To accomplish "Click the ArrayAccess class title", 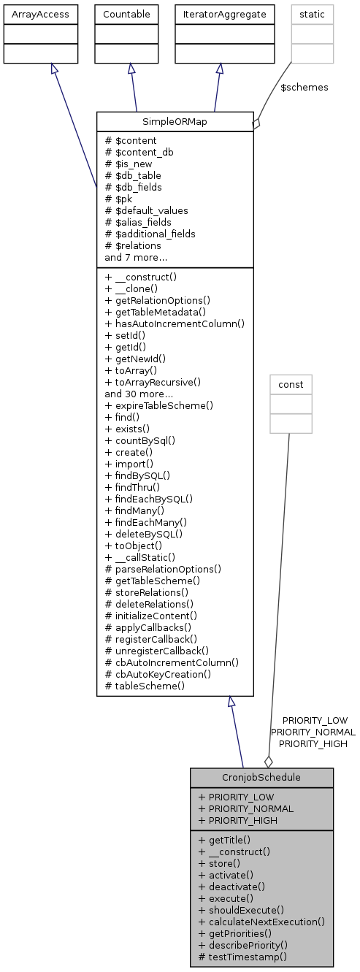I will (x=40, y=14).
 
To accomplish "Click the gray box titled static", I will (x=313, y=14).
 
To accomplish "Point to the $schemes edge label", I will (x=304, y=87).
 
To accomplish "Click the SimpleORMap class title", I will (x=175, y=121).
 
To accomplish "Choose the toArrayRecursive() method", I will (x=153, y=382).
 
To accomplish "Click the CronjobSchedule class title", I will (x=261, y=777).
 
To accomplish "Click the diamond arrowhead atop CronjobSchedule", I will (x=268, y=760).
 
